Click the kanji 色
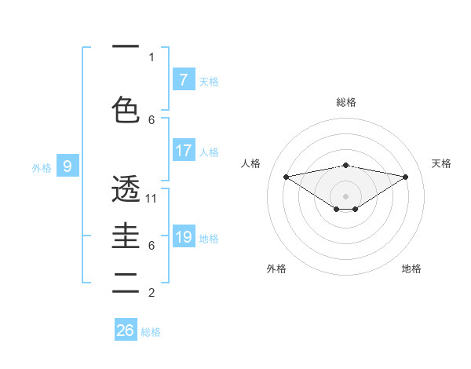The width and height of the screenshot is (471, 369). tap(126, 109)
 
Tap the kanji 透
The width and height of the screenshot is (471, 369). tap(126, 189)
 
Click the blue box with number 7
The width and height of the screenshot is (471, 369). tap(183, 80)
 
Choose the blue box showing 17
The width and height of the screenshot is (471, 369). tap(183, 151)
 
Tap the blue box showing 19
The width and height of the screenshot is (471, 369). tap(183, 237)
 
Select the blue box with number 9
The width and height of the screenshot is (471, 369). tap(68, 166)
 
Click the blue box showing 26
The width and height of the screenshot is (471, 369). tap(126, 331)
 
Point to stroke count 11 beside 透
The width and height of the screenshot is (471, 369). tap(152, 199)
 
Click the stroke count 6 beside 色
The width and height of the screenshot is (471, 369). tap(152, 119)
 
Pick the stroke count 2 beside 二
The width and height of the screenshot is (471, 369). tap(152, 293)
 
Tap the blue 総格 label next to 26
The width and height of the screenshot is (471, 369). tap(152, 332)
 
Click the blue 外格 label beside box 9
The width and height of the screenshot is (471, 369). tap(42, 167)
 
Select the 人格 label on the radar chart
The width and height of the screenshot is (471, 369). tap(251, 163)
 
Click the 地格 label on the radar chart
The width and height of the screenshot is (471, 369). tap(411, 269)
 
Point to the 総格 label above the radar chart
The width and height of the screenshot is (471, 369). tap(345, 102)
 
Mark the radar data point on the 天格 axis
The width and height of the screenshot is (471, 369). tap(406, 177)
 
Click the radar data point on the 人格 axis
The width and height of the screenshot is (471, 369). tap(286, 176)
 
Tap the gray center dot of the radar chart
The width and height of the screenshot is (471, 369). tap(345, 195)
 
